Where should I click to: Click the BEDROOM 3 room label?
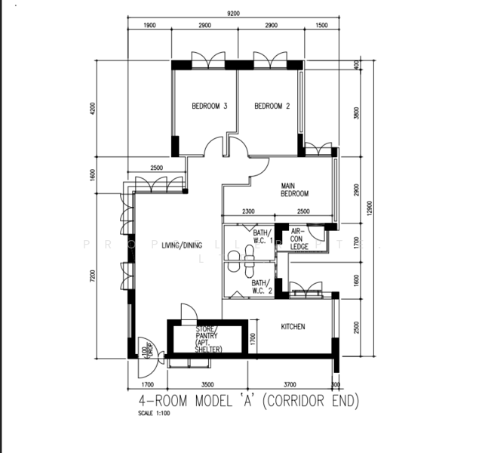(x=209, y=106)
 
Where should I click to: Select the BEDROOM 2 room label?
(x=272, y=106)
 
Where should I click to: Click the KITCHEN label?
(x=293, y=327)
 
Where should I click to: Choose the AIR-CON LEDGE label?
(x=299, y=239)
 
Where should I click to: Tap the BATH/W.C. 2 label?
(x=262, y=287)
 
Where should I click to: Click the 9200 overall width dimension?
(x=233, y=13)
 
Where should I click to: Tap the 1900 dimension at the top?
(x=149, y=26)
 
